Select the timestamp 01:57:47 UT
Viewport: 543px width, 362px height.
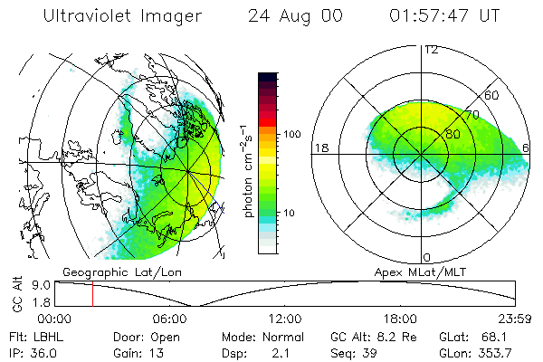click(444, 17)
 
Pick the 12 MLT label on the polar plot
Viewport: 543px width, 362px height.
click(431, 49)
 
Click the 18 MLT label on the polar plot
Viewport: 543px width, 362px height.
click(319, 147)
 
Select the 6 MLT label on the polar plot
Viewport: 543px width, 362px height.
click(526, 147)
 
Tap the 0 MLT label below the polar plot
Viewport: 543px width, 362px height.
click(427, 257)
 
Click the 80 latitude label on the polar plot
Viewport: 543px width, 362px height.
click(442, 133)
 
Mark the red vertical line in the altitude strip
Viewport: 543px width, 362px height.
click(92, 294)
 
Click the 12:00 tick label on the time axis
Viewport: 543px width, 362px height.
click(285, 319)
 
